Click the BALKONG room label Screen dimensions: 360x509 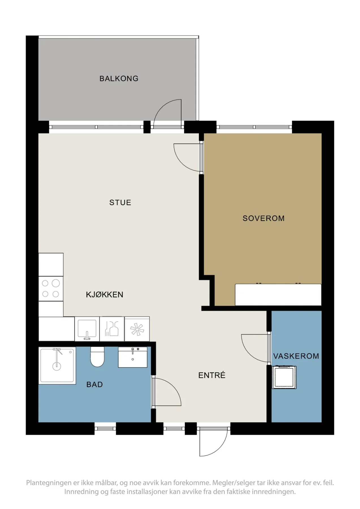[119, 78]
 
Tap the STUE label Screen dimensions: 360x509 [120, 202]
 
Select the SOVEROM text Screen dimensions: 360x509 [264, 218]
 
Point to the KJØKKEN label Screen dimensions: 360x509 [105, 294]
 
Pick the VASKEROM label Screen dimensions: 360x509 [296, 356]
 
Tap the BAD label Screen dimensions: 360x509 [94, 385]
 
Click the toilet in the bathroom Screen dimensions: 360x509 [97, 357]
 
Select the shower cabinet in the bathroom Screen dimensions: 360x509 [57, 366]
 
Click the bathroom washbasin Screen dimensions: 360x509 [133, 357]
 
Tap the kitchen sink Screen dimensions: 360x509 [87, 329]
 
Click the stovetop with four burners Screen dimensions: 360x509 [51, 288]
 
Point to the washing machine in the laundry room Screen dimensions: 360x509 [284, 377]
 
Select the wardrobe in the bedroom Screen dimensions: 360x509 [278, 295]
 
